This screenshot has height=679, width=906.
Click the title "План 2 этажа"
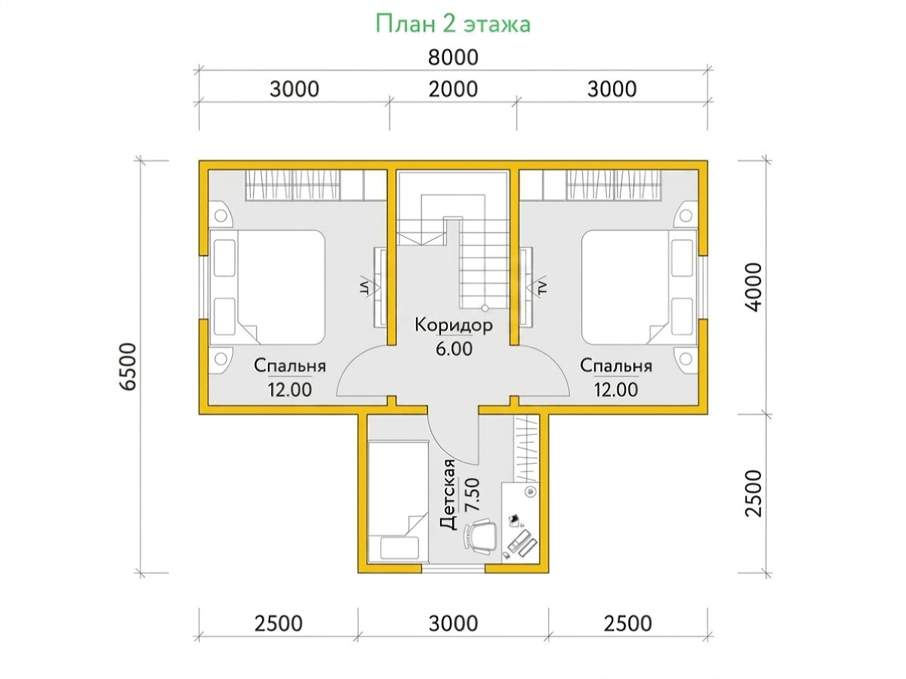tap(453, 24)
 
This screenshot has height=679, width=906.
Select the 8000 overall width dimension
tap(453, 57)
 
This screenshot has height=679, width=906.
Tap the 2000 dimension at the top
tap(453, 89)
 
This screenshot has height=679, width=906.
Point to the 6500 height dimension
tap(128, 366)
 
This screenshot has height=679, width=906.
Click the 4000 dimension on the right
tap(753, 287)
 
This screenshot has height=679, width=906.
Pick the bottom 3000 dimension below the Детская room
tap(453, 624)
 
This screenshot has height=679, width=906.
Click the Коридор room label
tap(454, 326)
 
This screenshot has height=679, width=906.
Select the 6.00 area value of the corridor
tap(454, 349)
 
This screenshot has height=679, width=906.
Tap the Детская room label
tap(448, 494)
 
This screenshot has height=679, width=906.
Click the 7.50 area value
tap(472, 495)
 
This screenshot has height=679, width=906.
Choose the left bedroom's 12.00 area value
tap(290, 390)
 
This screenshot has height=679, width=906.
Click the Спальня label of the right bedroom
tap(616, 366)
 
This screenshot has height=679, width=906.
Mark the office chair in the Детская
tap(479, 536)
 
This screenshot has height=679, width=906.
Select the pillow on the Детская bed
tap(399, 548)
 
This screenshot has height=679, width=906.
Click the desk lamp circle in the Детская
tap(530, 491)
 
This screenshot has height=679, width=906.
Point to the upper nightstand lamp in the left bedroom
tap(220, 215)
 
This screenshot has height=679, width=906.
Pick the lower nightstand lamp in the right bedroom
tap(686, 357)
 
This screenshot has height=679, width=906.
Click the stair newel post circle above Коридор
tap(485, 308)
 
